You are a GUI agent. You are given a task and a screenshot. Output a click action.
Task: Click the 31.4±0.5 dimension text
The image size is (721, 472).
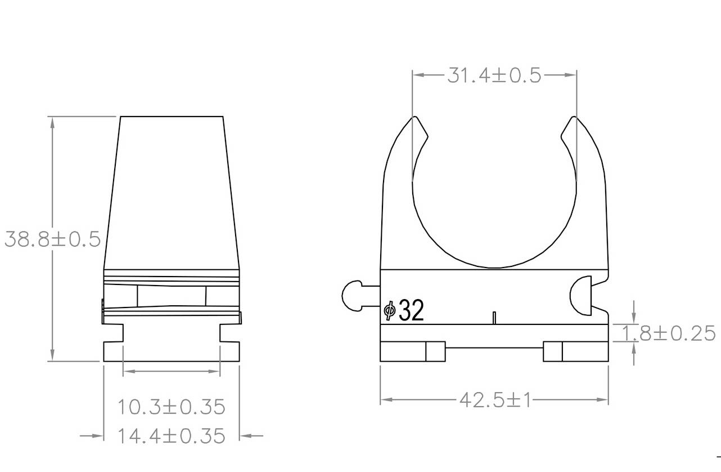click(x=494, y=75)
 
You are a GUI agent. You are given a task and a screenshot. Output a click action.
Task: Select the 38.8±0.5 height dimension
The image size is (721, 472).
click(x=52, y=239)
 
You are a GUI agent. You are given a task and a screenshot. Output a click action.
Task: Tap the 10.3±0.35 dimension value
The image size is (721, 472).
click(x=171, y=406)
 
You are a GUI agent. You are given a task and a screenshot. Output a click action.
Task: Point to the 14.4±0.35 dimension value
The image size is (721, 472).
click(x=171, y=436)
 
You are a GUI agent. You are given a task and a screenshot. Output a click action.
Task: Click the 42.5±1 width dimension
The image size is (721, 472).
click(x=494, y=400)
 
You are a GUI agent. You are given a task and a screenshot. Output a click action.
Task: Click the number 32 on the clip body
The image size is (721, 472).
click(x=411, y=311)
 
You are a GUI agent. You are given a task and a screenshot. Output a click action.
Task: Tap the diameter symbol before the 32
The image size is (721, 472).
click(x=389, y=311)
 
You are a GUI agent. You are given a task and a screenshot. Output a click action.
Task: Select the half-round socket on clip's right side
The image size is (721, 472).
click(x=582, y=295)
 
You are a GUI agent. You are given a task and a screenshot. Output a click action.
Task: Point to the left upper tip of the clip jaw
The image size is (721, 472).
click(x=415, y=119)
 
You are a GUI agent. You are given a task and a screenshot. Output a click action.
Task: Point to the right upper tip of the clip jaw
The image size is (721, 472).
click(x=573, y=119)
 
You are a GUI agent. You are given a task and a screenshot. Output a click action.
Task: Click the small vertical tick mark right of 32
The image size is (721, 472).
click(x=493, y=318)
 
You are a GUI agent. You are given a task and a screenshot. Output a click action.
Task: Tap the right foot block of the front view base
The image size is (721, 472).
click(x=576, y=351)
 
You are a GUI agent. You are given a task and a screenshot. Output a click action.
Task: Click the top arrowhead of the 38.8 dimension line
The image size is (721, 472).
click(x=52, y=122)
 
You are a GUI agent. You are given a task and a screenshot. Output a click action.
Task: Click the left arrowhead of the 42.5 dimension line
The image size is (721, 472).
click(x=386, y=400)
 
